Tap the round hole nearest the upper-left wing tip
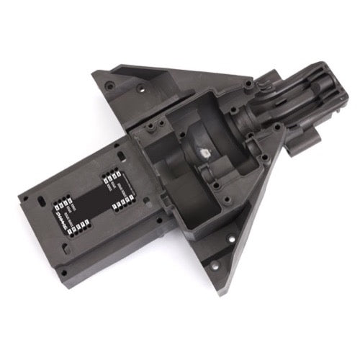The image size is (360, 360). pos(107,84)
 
